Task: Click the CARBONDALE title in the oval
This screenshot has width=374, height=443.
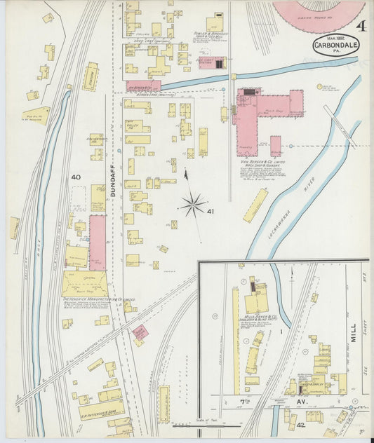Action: tap(332, 48)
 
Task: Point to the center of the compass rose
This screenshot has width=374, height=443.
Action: tap(192, 205)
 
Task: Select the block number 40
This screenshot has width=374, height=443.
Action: tap(75, 178)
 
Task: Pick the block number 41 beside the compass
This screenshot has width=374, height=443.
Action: tap(211, 211)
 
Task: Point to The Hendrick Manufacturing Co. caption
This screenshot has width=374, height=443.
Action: tap(98, 299)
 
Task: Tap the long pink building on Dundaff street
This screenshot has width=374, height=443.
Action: tap(98, 242)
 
